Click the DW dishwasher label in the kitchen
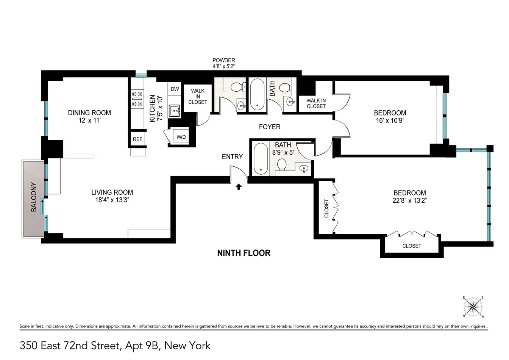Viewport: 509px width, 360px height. [x=175, y=89]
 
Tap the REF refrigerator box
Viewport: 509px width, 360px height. [x=137, y=139]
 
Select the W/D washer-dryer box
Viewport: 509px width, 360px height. [x=181, y=136]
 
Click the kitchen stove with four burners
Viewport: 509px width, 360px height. [x=137, y=99]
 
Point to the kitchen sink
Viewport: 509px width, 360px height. [x=174, y=111]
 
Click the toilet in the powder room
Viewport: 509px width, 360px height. [x=238, y=87]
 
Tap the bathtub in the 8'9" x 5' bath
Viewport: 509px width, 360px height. [x=261, y=158]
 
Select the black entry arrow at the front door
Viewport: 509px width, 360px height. [x=238, y=187]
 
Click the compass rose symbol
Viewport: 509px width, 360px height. [x=473, y=307]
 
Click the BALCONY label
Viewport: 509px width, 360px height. [x=34, y=197]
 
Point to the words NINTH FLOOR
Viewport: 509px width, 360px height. [x=244, y=253]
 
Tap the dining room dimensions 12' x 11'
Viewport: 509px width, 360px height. [x=89, y=120]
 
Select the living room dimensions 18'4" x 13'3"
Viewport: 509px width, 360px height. [x=112, y=200]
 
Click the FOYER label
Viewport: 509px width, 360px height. [x=270, y=127]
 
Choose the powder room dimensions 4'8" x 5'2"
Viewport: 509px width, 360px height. [x=223, y=66]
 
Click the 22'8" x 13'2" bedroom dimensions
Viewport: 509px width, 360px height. [x=410, y=200]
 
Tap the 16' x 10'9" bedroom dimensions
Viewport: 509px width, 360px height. [x=390, y=120]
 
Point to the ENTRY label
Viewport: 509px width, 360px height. [x=232, y=157]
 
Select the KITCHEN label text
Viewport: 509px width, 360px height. [x=152, y=108]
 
